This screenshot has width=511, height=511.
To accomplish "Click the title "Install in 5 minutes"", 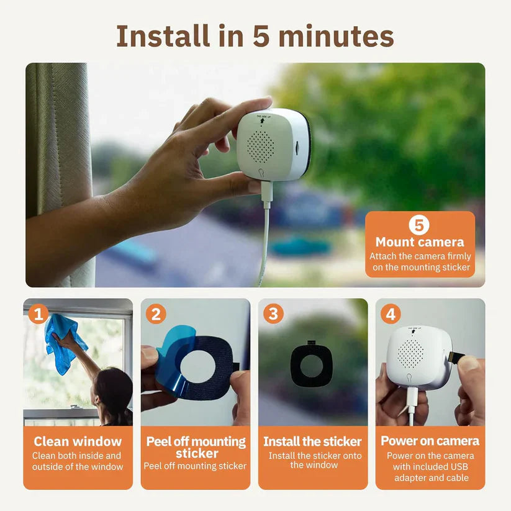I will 255,36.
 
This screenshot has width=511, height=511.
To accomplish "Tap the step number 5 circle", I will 418,225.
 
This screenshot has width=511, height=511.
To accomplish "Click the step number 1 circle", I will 38,314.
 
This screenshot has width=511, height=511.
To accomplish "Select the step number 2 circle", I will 155,314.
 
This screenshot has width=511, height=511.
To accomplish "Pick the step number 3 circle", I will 273,314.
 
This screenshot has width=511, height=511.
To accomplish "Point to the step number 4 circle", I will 390,314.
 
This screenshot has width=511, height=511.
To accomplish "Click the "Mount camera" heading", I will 420,242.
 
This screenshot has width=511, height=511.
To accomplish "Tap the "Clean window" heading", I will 78,441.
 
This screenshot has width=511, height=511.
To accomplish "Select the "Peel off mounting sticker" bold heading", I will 196,447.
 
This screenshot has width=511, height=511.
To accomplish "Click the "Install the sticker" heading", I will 312,441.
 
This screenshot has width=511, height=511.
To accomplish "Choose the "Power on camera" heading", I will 430,441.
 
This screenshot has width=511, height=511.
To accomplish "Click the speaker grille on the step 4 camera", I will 410,351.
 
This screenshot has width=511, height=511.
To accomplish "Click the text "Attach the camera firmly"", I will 420,256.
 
